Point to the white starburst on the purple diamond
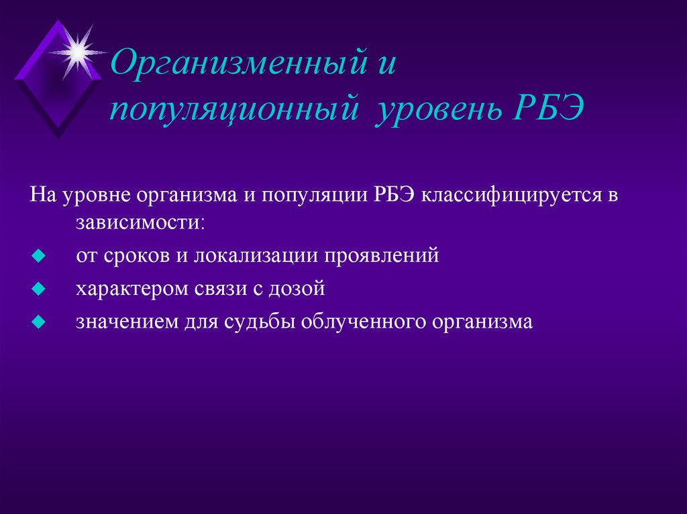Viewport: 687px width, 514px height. tap(78, 51)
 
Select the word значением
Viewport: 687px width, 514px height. tap(125, 322)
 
